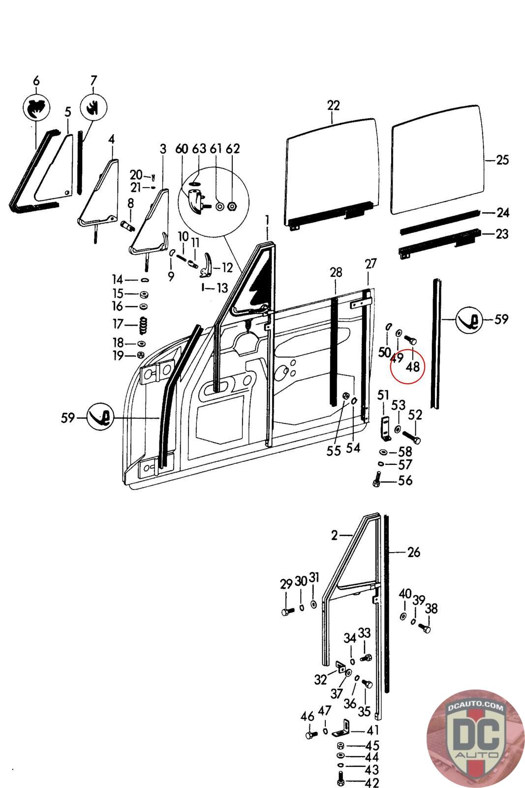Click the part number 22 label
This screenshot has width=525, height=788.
333,105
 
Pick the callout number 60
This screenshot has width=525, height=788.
182,149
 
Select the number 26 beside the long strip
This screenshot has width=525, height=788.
414,552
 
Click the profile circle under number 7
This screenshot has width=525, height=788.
93,107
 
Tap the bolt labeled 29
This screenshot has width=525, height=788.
286,612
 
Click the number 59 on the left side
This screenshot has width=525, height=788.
68,418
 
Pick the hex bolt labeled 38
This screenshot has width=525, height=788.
425,628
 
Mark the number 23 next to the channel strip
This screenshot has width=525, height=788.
502,233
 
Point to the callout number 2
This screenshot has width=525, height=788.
334,535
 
